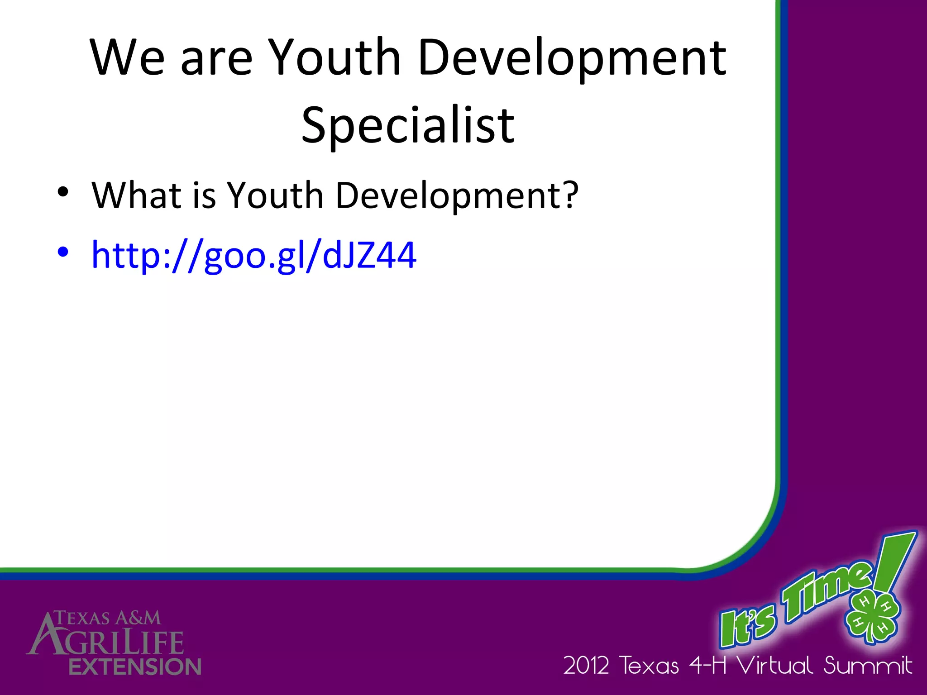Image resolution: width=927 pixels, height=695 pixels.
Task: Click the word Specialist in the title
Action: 408,125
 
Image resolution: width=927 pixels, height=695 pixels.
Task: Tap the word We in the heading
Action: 127,58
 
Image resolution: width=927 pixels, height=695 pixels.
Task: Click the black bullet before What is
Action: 63,192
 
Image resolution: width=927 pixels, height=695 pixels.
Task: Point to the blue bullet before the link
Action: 63,252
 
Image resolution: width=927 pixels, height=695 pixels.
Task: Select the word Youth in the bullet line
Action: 275,195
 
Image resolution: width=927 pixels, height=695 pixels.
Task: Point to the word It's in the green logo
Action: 747,626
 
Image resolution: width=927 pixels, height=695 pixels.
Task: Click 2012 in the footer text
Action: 586,666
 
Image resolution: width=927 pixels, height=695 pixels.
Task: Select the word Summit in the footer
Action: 867,666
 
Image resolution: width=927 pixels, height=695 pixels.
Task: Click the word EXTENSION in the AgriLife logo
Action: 135,667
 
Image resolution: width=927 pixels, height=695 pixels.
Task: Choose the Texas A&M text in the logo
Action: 108,618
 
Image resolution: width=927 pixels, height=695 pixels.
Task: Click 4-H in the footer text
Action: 707,666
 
